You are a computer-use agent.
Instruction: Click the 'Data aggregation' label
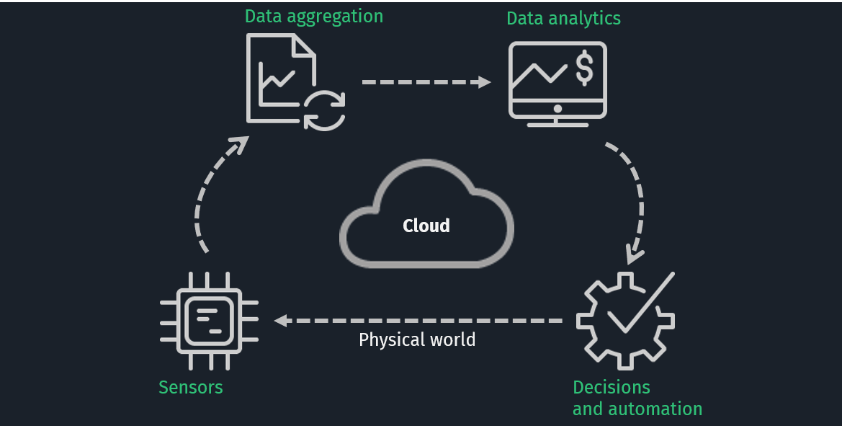pos(313,17)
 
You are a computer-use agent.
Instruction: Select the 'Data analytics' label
pos(563,19)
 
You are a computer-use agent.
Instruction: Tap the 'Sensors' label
pos(190,387)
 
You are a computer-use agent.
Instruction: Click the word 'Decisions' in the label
pos(611,387)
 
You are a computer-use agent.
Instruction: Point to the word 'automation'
pos(656,409)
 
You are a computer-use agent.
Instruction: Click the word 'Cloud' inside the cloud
pos(426,226)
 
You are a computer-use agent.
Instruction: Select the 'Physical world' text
pos(417,339)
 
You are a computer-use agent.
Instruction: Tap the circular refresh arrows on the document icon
pos(324,110)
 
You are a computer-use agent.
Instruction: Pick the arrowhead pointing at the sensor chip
pos(281,320)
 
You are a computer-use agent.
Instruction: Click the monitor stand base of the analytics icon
pos(557,123)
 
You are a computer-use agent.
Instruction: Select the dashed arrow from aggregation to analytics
pos(421,82)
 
